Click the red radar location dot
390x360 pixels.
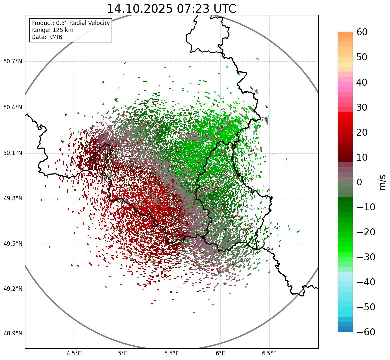click(172, 181)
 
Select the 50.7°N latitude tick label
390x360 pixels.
click(13, 62)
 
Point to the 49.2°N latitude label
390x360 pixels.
click(13, 289)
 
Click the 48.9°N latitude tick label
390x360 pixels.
click(13, 334)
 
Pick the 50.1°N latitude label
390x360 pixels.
click(13, 153)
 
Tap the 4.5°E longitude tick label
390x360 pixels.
click(74, 353)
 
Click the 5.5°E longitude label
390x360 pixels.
click(172, 353)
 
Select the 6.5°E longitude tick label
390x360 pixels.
click(269, 353)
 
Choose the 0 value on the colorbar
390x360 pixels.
click(359, 182)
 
